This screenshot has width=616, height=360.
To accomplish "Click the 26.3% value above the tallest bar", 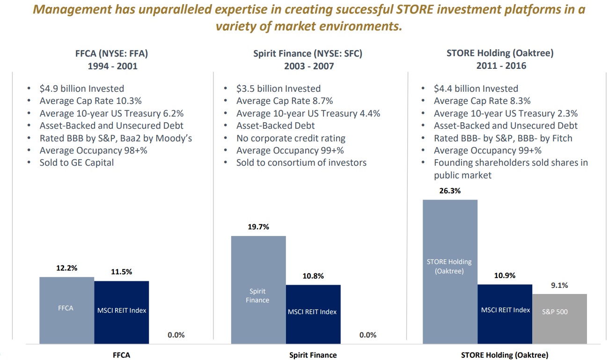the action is coord(450,191).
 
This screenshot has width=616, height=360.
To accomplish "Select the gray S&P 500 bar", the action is coord(560,319).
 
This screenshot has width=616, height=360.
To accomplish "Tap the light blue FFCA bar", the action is coord(67,310).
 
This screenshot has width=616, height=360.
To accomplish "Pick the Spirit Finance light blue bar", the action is coord(258,290).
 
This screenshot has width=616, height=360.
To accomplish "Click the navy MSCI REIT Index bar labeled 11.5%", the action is coord(122,312).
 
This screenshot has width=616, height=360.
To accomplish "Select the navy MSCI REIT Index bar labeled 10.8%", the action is coord(313,314).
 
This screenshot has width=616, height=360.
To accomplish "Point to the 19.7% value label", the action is coord(258,227).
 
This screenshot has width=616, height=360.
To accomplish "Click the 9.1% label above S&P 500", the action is coord(559,286).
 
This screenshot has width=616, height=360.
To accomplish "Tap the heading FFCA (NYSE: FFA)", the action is coord(112,53).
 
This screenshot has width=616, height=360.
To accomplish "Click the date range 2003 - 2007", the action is coord(309,66).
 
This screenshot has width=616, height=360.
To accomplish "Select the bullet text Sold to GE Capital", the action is coord(77,163).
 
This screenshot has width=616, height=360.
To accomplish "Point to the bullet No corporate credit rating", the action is coord(291,138).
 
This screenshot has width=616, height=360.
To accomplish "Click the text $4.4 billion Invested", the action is coord(476,88).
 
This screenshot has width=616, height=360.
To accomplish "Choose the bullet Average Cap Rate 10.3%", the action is coord(90,101).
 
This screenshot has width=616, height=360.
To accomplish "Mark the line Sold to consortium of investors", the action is coord(301,163).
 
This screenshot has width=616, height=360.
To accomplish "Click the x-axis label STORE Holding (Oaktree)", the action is coord(505,355).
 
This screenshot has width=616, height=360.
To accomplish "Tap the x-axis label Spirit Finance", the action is coord(313,355).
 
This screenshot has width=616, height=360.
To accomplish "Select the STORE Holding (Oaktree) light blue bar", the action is coord(450,272).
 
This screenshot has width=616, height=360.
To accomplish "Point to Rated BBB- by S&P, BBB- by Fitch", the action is coord(503,138).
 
